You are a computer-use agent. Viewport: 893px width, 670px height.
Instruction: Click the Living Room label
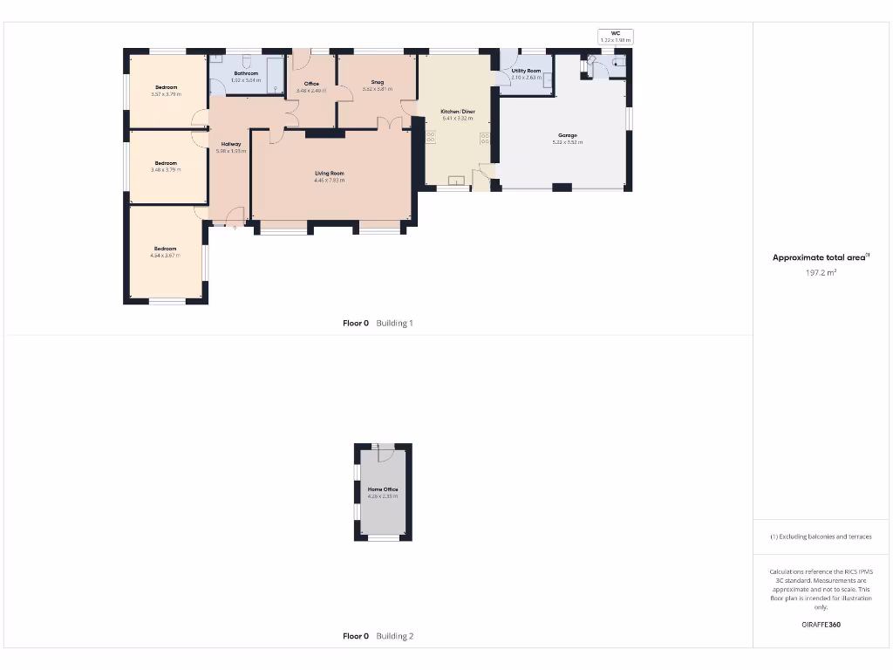330,174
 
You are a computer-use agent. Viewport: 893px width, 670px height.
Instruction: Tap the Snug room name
378,82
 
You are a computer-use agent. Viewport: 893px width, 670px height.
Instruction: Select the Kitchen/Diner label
458,112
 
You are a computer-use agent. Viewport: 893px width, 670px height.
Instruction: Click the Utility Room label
526,71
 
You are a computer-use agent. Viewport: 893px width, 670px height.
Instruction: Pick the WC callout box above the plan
616,37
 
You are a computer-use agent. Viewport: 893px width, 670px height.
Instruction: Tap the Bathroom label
246,73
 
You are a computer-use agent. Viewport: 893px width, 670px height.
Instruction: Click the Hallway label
231,144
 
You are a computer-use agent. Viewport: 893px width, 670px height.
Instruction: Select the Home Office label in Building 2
383,489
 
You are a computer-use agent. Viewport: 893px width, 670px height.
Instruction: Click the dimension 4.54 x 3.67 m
165,256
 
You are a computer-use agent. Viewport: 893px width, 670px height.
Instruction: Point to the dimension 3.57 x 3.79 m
166,94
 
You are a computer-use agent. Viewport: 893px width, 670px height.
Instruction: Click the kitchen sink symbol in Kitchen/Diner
455,181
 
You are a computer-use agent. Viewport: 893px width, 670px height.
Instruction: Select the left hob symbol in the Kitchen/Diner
430,136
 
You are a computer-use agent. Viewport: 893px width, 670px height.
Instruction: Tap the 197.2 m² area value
821,273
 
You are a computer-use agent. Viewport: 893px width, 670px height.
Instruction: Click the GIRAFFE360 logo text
821,625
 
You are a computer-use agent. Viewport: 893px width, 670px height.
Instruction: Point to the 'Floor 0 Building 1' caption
378,323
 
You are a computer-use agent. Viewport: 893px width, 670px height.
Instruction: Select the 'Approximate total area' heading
821,257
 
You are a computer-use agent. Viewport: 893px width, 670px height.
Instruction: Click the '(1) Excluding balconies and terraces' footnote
821,537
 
